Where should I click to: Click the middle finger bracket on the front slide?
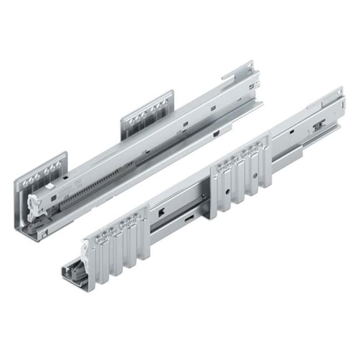click(241, 174)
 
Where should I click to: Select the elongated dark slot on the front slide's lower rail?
click(187, 219)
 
